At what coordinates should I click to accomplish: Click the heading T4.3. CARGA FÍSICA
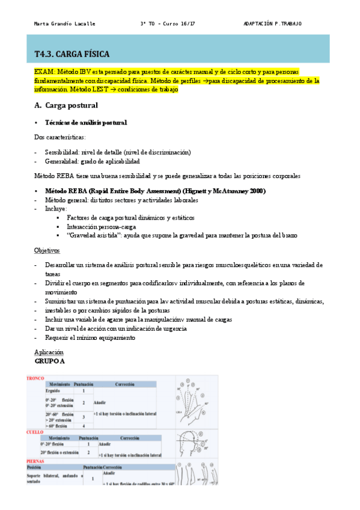tap(72, 54)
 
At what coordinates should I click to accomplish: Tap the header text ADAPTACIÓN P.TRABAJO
tap(272, 24)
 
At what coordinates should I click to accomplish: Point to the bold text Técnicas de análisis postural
tap(86, 123)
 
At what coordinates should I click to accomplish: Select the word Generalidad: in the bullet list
tap(64, 161)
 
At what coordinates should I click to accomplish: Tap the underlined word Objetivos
tap(47, 250)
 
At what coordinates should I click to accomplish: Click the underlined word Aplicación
tap(49, 352)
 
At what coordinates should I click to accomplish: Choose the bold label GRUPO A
tap(50, 361)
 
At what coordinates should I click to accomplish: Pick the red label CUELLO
tap(34, 432)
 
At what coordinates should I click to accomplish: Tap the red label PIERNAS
tap(35, 461)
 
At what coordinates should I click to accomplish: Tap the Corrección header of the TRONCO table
tap(123, 384)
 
